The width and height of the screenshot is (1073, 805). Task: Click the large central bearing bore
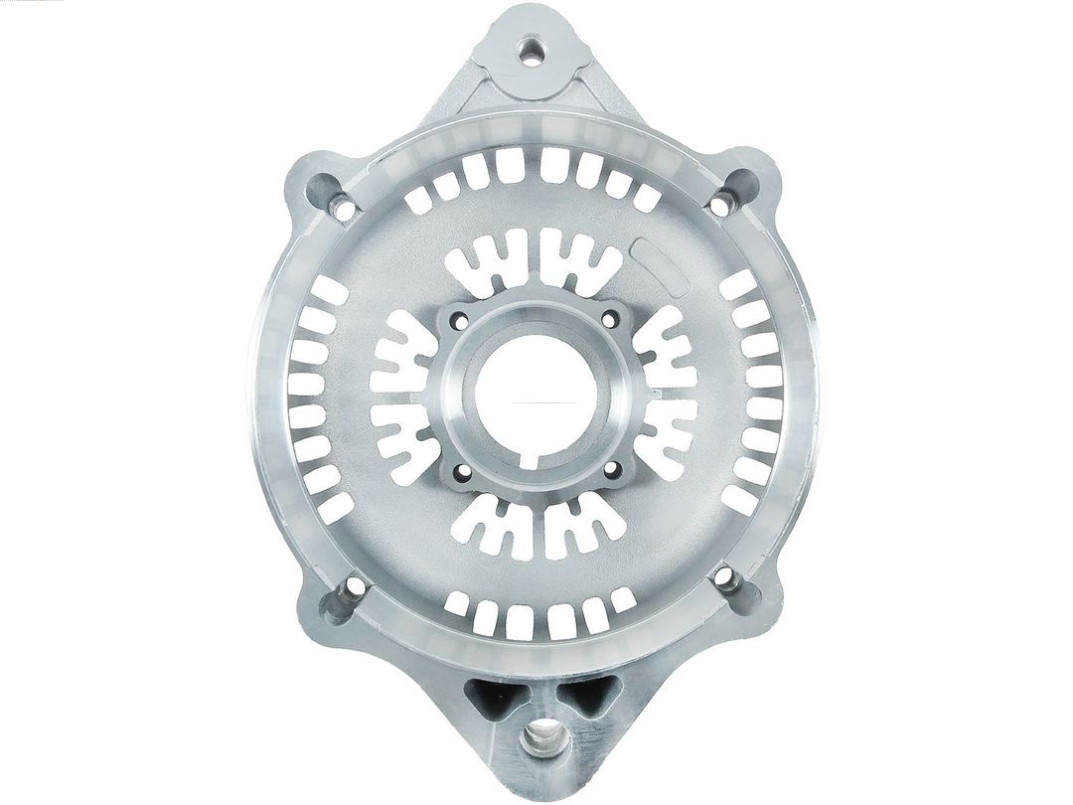click(536, 393)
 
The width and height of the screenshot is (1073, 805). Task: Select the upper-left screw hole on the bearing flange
click(458, 320)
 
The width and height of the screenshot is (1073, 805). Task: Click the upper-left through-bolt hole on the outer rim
click(343, 209)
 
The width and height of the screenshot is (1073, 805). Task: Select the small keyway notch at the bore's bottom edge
click(537, 458)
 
